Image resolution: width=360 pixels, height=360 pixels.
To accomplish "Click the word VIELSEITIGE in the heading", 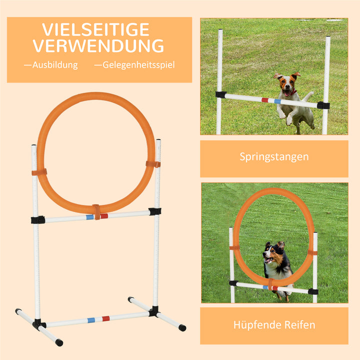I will point(96,29).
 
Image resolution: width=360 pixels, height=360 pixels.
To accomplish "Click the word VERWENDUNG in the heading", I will point(98,46).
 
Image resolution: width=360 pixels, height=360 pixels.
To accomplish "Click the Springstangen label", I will point(274,157).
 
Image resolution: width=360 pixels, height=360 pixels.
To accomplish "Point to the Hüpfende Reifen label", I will point(274,325).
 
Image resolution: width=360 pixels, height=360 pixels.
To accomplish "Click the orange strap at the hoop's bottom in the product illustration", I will point(96,211).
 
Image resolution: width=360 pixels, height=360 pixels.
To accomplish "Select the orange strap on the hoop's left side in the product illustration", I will point(39,172).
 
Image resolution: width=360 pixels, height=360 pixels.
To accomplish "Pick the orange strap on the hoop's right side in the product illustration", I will point(153,164).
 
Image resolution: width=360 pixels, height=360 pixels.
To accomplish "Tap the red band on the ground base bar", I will point(105,318).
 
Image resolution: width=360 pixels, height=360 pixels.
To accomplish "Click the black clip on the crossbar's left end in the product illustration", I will point(37,219).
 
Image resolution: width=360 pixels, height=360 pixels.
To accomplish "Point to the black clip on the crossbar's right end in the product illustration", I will point(154,211).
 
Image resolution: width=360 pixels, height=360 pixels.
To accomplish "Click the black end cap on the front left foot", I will point(59,342).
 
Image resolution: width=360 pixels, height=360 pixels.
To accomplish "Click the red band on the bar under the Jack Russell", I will point(265,100).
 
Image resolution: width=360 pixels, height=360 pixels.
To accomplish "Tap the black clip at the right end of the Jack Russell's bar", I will point(323,105).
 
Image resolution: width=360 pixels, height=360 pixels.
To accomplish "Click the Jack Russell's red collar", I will point(291,93).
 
